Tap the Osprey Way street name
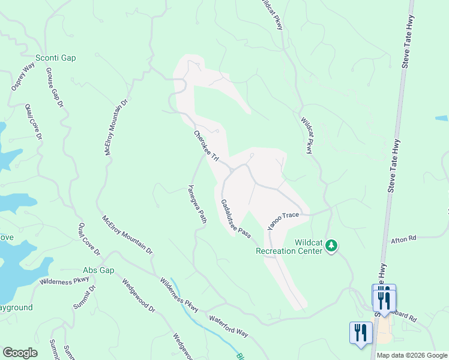click(x=23, y=77)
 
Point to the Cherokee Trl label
click(x=205, y=145)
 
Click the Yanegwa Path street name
click(x=197, y=204)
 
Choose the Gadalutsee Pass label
click(x=235, y=219)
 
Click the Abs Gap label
click(x=98, y=271)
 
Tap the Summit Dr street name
click(x=92, y=297)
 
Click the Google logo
click(x=19, y=353)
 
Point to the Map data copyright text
click(x=412, y=355)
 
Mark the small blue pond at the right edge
click(x=443, y=119)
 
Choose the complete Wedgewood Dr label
click(x=139, y=296)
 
